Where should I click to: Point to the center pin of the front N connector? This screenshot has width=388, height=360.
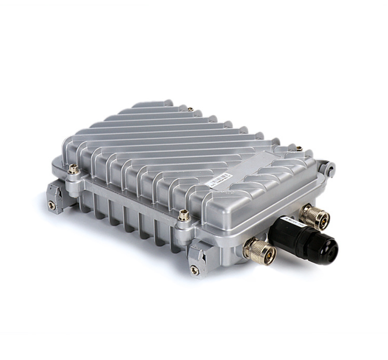268,255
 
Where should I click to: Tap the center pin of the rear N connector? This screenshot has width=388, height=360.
321,221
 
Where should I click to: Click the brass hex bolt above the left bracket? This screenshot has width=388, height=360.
74,169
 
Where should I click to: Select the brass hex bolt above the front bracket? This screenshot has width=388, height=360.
184,215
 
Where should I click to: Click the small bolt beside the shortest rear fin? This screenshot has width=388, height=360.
190,109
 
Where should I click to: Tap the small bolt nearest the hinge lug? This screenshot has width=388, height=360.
299,149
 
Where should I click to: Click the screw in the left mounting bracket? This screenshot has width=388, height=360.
52,205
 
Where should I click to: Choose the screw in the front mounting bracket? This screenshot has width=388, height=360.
194,270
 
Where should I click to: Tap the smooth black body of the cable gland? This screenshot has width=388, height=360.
287,232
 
